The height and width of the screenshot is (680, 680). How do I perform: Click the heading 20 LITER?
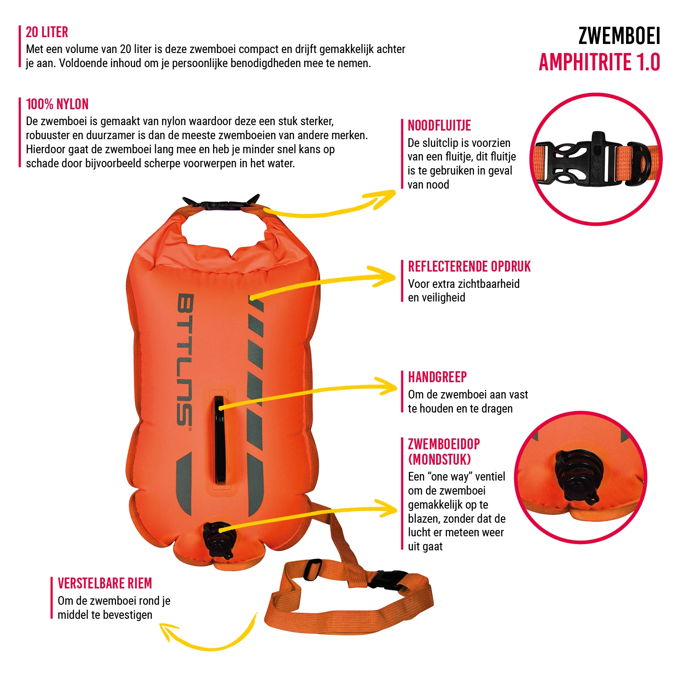pyautogui.click(x=47, y=32)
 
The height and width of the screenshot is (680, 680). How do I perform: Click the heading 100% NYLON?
pyautogui.click(x=57, y=104)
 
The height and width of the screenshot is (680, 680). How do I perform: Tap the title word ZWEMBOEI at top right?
pyautogui.click(x=619, y=36)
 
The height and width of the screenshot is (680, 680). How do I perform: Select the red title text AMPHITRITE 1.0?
pyautogui.click(x=599, y=62)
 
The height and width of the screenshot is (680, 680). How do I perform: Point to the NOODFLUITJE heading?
pyautogui.click(x=439, y=126)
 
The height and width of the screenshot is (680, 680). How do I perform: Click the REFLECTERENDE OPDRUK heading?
pyautogui.click(x=469, y=267)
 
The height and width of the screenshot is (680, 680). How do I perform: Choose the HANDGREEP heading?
pyautogui.click(x=437, y=377)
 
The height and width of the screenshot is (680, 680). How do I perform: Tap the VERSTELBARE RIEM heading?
pyautogui.click(x=105, y=583)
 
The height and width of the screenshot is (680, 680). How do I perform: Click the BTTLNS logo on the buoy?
pyautogui.click(x=185, y=360)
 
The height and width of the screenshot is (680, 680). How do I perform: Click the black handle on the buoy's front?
pyautogui.click(x=219, y=440)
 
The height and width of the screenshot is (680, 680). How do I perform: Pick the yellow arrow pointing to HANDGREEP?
pyautogui.click(x=308, y=393)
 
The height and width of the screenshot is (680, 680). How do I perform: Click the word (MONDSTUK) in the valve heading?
pyautogui.click(x=439, y=460)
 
